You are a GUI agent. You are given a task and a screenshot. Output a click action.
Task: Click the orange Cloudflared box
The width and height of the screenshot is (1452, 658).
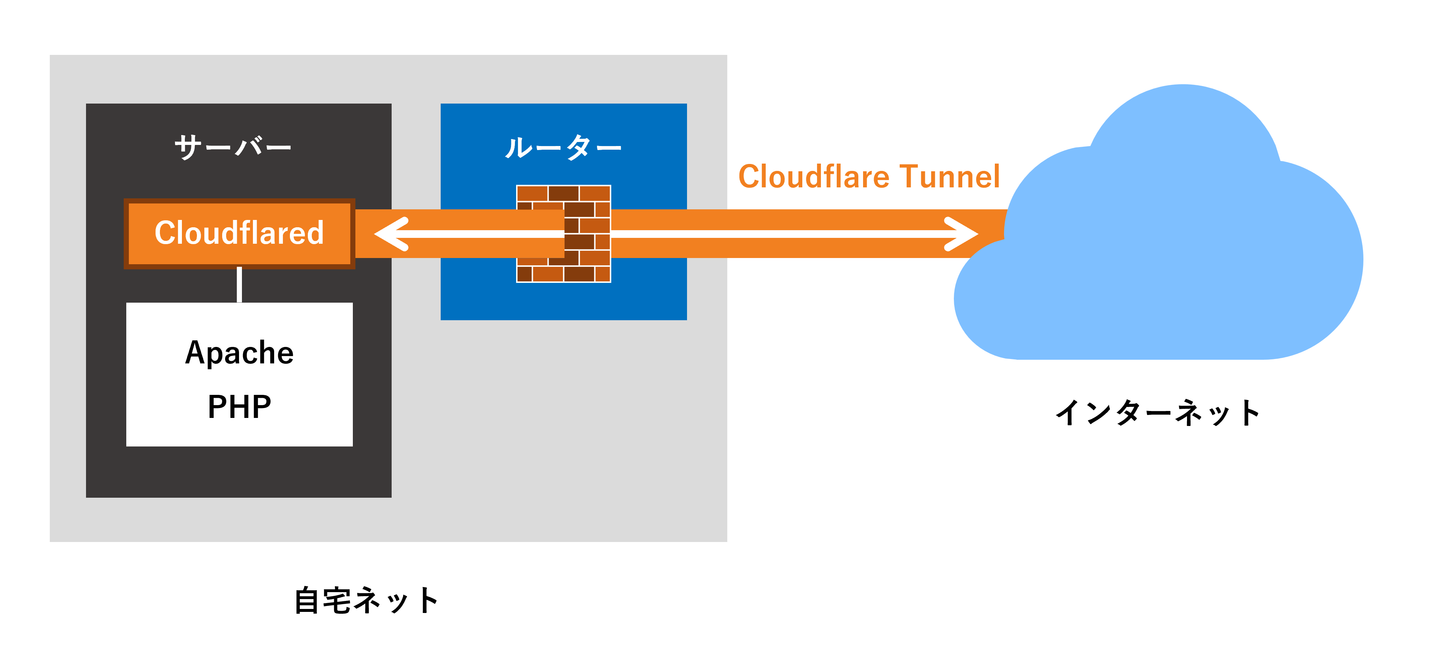[x=239, y=233]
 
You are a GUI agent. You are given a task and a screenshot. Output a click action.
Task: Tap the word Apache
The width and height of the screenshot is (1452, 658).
[x=239, y=353]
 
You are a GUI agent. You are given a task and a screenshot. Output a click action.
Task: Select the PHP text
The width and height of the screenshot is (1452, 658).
[x=239, y=407]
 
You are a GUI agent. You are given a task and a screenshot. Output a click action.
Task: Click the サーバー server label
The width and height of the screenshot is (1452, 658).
[x=233, y=147]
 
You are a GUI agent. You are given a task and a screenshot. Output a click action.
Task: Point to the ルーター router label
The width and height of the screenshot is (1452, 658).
[x=563, y=147]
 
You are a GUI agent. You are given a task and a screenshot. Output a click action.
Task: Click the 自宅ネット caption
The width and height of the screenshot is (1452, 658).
[x=366, y=601]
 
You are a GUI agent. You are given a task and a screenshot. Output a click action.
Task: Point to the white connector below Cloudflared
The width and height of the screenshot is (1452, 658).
[x=239, y=284]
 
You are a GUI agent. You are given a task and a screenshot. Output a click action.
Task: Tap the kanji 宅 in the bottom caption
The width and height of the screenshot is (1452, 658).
[x=337, y=601]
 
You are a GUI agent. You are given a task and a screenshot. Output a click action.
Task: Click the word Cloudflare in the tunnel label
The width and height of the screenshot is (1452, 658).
[x=814, y=176]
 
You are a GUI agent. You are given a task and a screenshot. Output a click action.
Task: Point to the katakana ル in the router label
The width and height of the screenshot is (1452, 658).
[x=518, y=147]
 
